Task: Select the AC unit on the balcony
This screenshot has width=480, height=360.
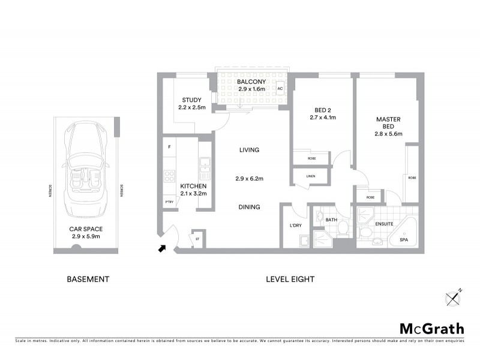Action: click(x=280, y=89)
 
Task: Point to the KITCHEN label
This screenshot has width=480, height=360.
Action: click(x=193, y=187)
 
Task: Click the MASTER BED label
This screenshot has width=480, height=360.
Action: click(x=388, y=119)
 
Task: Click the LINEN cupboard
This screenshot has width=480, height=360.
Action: click(x=310, y=176)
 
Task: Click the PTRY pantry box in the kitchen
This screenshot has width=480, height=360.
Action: click(x=169, y=202)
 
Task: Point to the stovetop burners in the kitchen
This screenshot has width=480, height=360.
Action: click(x=169, y=176)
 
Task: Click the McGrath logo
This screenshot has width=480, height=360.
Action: click(x=431, y=328)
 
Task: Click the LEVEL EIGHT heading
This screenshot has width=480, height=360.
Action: click(x=290, y=279)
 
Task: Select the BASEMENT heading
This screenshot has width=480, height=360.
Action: click(x=88, y=279)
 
